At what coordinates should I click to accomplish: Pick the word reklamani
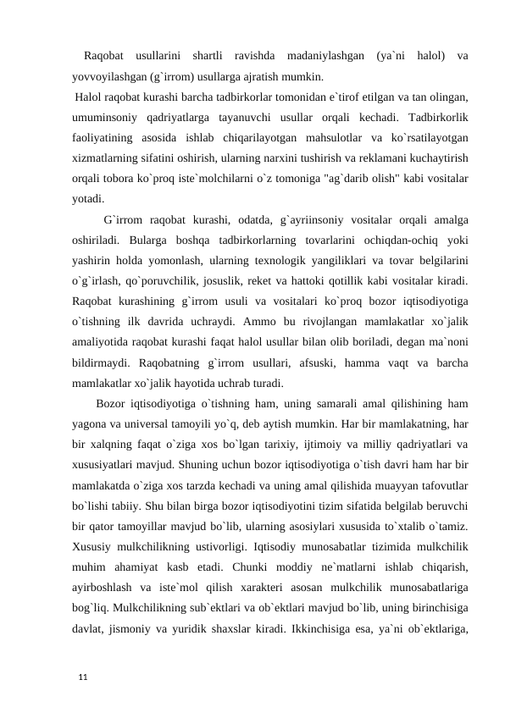(x=363, y=157)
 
